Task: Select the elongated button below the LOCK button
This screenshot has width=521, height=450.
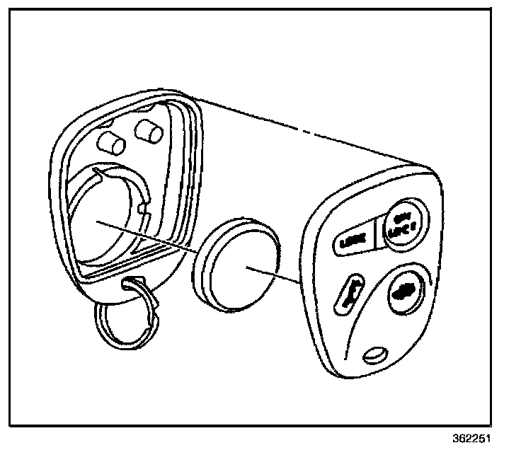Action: coord(348,292)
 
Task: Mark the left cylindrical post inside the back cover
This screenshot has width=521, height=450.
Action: coord(112,141)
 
